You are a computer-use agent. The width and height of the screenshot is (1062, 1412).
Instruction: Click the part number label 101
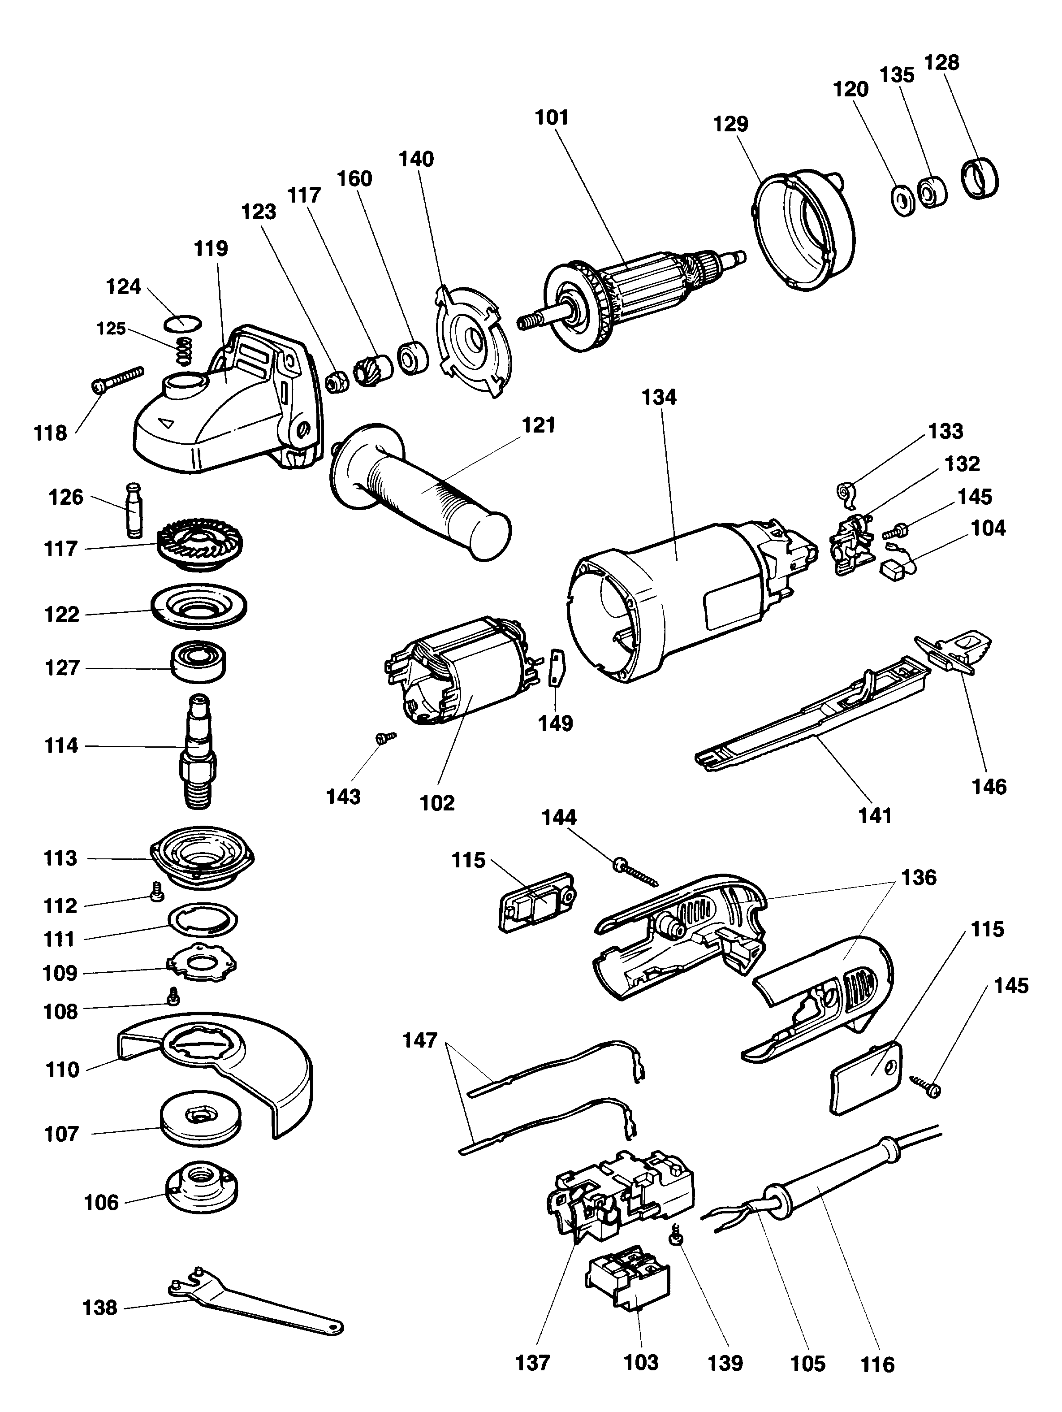tap(552, 117)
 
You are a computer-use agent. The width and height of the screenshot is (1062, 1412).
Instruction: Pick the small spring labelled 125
tap(184, 351)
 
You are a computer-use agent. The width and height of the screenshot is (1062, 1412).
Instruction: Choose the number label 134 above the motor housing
tap(659, 397)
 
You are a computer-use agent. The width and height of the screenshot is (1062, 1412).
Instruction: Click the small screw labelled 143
tap(385, 738)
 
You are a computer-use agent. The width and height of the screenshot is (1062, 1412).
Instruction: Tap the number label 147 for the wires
tap(420, 1040)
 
